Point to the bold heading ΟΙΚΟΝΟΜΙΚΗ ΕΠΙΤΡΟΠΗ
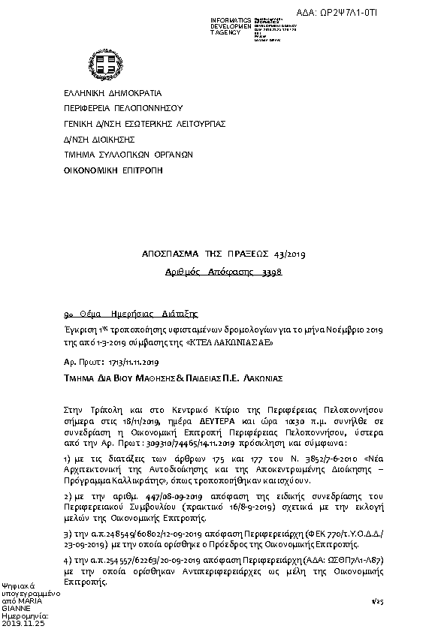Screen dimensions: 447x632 113,170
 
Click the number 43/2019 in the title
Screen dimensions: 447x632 289,255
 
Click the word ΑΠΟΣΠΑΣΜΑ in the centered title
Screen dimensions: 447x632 168,255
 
